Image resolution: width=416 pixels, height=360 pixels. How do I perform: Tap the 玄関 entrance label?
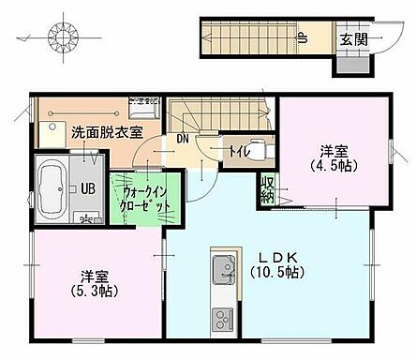352,39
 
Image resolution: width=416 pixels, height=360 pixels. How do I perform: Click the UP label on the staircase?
303,38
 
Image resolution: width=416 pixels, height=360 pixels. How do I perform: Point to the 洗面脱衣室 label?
107,133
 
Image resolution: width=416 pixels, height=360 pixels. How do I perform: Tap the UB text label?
87,187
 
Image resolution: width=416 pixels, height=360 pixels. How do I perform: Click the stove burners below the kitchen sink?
224,319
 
